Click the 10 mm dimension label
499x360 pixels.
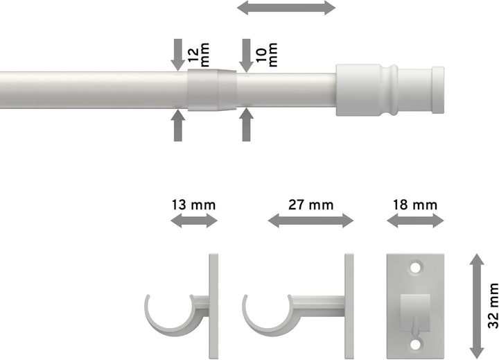pos(267,51)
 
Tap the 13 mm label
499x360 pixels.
pos(194,205)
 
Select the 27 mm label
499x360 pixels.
pos(310,205)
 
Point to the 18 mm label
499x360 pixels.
pos(415,205)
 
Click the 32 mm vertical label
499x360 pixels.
pos(492,304)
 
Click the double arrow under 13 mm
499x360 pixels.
pos(194,221)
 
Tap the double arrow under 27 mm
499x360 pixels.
pos(310,221)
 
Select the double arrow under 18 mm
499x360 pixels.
pos(415,221)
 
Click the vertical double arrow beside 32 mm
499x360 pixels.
pos(477,304)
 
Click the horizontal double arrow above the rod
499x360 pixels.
pos(286,8)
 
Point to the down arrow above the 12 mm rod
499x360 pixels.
pos(178,54)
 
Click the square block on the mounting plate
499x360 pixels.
pos(415,305)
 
